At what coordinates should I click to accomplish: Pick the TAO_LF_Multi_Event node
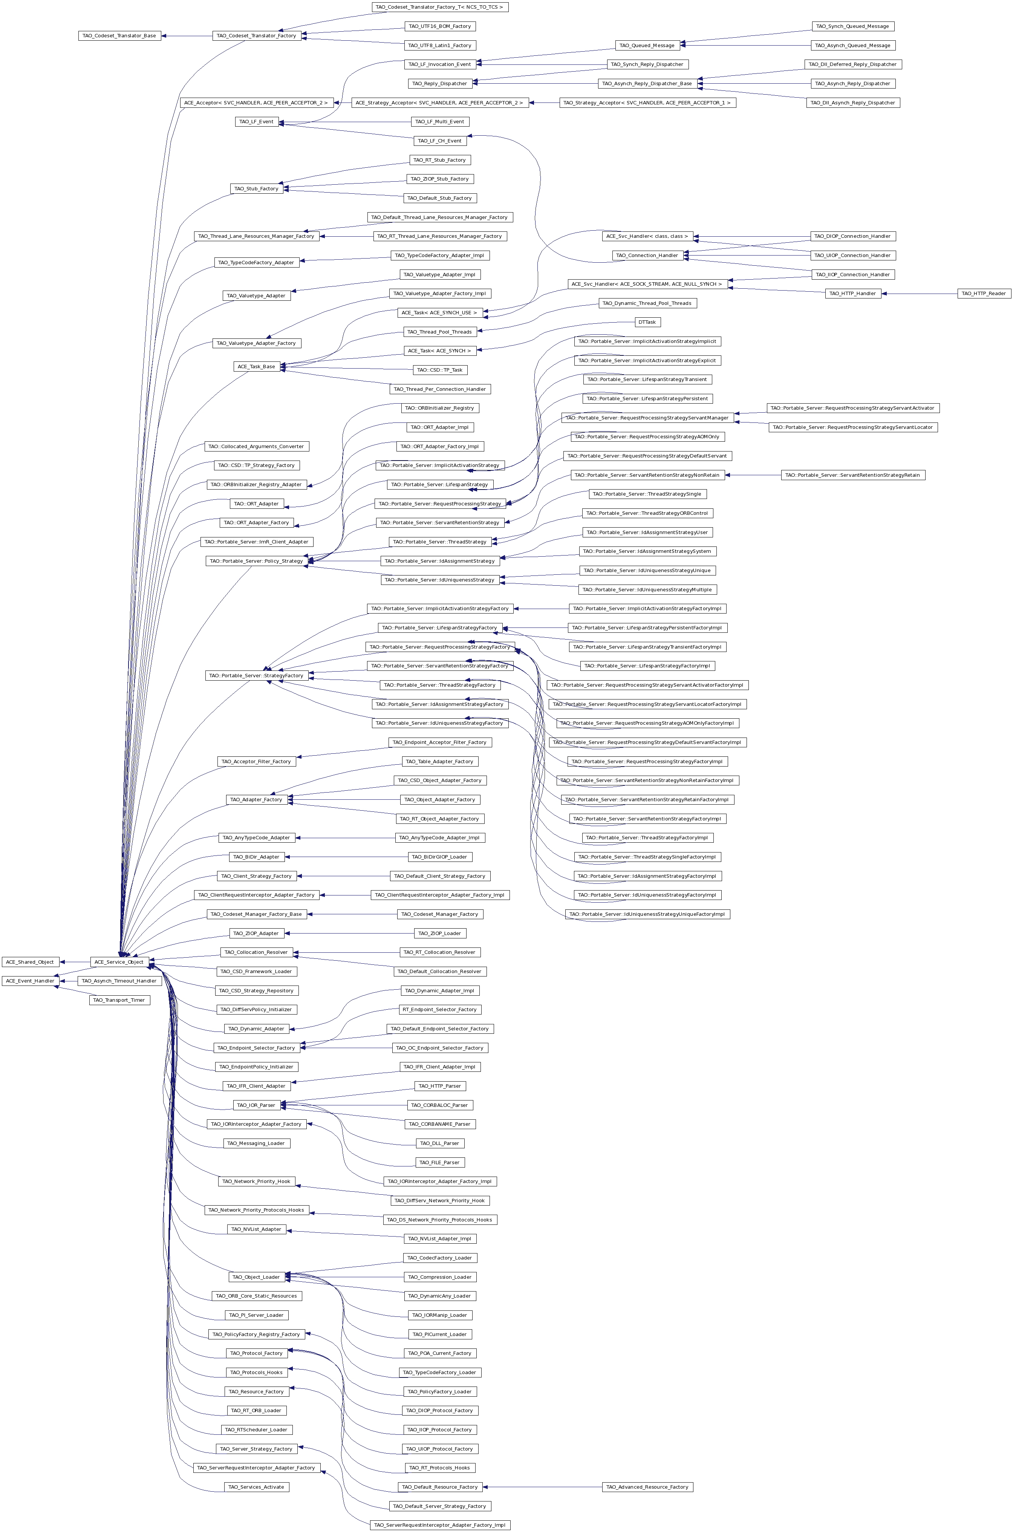tap(440, 121)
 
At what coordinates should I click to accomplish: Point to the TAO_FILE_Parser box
tap(440, 1163)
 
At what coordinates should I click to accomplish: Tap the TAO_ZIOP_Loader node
tap(440, 933)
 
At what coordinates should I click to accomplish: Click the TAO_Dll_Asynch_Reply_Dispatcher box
tap(853, 103)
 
